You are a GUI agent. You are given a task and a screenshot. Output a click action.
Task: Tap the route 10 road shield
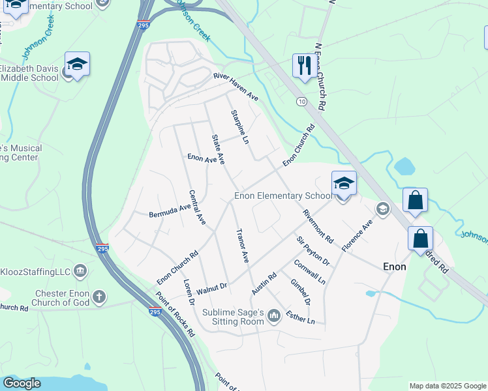(301, 101)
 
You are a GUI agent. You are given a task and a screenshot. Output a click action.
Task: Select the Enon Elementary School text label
(283, 196)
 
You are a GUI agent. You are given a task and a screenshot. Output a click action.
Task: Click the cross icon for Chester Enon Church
(99, 297)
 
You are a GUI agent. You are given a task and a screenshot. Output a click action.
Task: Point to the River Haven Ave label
(236, 87)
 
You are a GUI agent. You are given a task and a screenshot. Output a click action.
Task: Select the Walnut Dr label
(211, 286)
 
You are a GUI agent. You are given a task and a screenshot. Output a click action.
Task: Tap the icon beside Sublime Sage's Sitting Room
(274, 317)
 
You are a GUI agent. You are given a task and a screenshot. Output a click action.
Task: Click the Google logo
(22, 383)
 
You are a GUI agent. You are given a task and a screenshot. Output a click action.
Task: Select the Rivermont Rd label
(318, 227)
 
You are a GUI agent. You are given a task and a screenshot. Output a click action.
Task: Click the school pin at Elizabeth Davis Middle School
(77, 65)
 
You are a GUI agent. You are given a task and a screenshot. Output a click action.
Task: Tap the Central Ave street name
(197, 208)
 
